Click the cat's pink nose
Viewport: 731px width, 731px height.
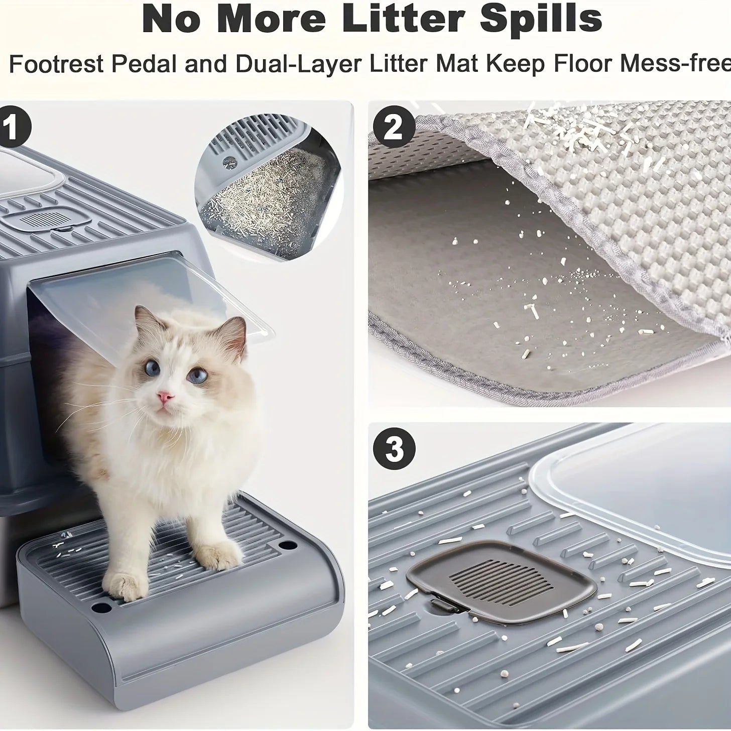click(166, 398)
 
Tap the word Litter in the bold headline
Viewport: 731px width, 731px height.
click(404, 19)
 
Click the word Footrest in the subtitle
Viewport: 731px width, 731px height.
click(56, 65)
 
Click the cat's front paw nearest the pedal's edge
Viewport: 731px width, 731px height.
click(123, 585)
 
